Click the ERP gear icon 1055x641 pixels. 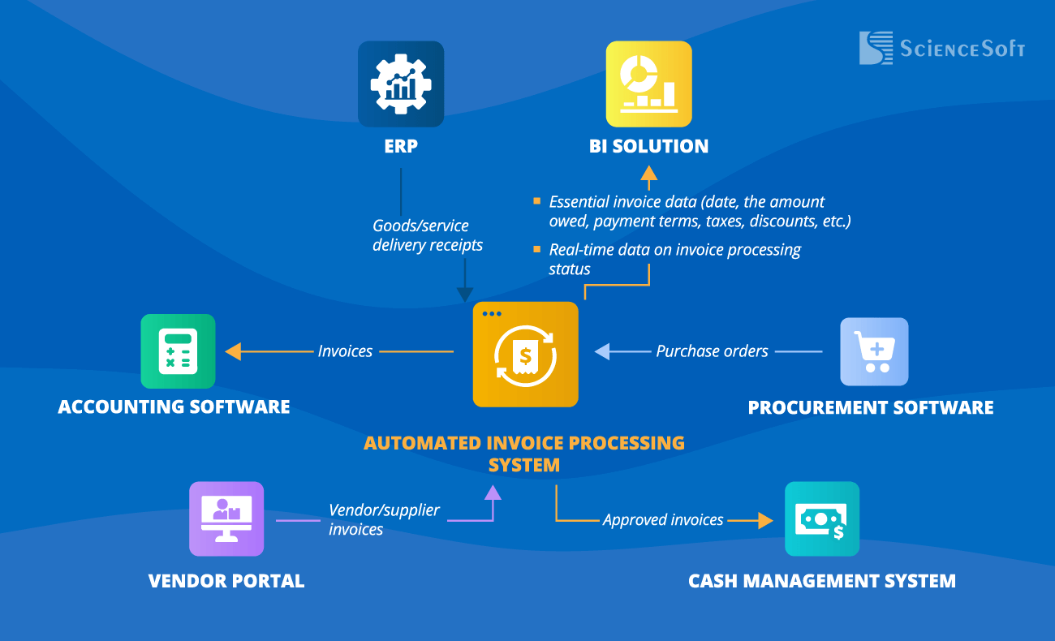point(401,84)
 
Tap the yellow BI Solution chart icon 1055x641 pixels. point(648,84)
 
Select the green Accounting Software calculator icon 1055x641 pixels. point(178,351)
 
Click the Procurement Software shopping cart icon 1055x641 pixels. point(874,351)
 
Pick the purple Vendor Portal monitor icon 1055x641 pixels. point(226,518)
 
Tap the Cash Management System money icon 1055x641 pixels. point(822,518)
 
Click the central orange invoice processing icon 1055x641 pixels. point(526,355)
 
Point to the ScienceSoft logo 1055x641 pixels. point(941,48)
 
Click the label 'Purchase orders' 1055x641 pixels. point(712,351)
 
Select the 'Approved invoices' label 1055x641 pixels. point(663,520)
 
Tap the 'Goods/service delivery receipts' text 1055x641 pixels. point(428,235)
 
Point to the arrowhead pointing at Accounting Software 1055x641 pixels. point(234,351)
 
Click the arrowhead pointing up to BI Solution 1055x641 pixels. point(648,172)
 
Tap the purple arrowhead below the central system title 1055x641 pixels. point(493,492)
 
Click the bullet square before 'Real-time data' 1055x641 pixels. point(536,249)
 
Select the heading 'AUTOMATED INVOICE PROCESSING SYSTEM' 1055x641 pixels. point(524,454)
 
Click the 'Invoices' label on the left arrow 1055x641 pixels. point(345,351)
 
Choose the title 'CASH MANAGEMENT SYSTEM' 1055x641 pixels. point(821,581)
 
